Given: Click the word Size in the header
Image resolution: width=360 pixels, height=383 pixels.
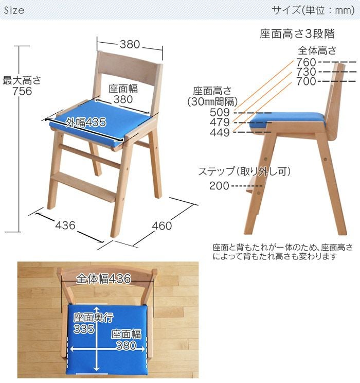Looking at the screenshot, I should (14, 10).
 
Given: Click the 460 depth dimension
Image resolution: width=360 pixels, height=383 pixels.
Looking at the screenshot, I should (161, 225).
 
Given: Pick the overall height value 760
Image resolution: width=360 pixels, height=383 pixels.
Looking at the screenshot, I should (306, 62).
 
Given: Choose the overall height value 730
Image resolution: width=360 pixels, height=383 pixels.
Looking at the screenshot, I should (306, 72).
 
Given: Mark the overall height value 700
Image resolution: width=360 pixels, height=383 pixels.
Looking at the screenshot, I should (306, 81).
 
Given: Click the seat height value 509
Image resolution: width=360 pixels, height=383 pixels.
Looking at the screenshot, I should (220, 112).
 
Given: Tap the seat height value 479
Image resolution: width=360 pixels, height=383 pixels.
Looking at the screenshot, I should (220, 123).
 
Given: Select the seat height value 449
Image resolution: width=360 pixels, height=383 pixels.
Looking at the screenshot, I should (220, 132).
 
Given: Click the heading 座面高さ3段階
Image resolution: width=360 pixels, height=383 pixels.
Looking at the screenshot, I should (297, 34).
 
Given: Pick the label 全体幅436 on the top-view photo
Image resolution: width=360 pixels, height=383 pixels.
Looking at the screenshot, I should (104, 279).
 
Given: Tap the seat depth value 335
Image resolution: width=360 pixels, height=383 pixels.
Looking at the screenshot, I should (84, 329).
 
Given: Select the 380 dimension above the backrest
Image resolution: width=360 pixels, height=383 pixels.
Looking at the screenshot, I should (130, 45).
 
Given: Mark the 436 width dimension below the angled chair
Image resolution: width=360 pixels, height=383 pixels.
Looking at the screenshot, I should (65, 225).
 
